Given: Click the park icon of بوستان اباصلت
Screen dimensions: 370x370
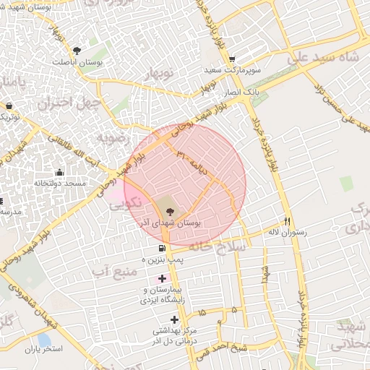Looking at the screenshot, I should pos(77,50).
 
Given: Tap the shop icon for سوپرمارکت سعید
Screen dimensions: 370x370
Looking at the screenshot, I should pos(231,60).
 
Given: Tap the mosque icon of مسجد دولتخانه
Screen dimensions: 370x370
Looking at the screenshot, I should pos(59,172).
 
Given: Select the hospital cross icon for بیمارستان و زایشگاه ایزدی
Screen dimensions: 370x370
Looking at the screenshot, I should pos(161,278).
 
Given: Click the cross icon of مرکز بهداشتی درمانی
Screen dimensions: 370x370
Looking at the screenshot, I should pos(173,319).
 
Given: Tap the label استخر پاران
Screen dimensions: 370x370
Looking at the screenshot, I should pos(44,350).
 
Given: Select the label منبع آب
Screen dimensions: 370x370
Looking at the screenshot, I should pos(114,271).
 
